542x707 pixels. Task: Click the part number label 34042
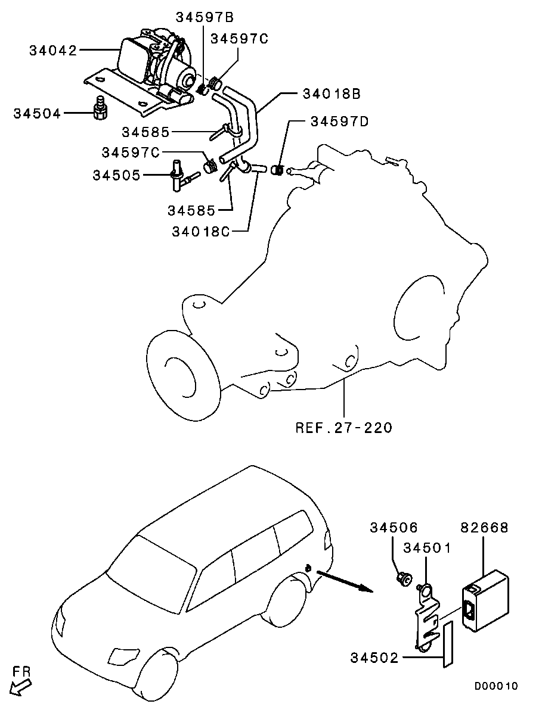[53, 51]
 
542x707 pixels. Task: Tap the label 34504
[37, 113]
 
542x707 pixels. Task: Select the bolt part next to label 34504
[100, 107]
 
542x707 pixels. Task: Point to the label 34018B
[331, 94]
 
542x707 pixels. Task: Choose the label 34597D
[339, 122]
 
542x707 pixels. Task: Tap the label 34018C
[200, 231]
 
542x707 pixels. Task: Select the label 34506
[394, 528]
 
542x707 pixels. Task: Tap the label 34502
[374, 658]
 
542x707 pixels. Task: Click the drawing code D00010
[496, 686]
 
